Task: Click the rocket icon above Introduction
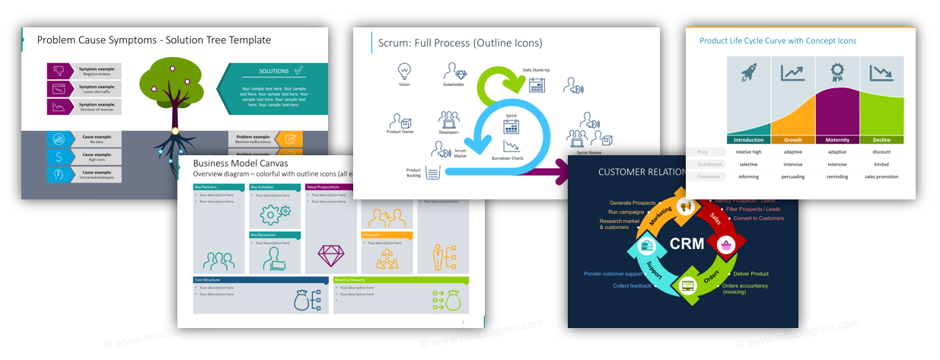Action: click(x=749, y=73)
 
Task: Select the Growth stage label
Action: click(x=793, y=140)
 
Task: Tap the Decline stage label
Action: click(x=881, y=140)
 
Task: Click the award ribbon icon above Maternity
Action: click(x=837, y=72)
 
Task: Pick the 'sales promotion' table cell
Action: click(x=881, y=177)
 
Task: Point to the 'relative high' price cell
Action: click(x=748, y=151)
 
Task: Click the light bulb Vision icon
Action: click(x=404, y=71)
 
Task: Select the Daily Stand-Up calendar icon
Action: click(x=537, y=84)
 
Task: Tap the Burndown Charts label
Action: click(x=507, y=158)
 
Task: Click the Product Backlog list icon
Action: click(x=434, y=174)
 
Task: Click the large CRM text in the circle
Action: click(x=687, y=244)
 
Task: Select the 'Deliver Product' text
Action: click(x=750, y=273)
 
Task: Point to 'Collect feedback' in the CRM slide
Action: click(x=632, y=285)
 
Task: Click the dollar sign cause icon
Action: click(x=58, y=156)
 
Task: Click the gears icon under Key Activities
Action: click(x=274, y=214)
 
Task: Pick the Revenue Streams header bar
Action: click(x=400, y=280)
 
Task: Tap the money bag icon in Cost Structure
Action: click(x=301, y=300)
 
